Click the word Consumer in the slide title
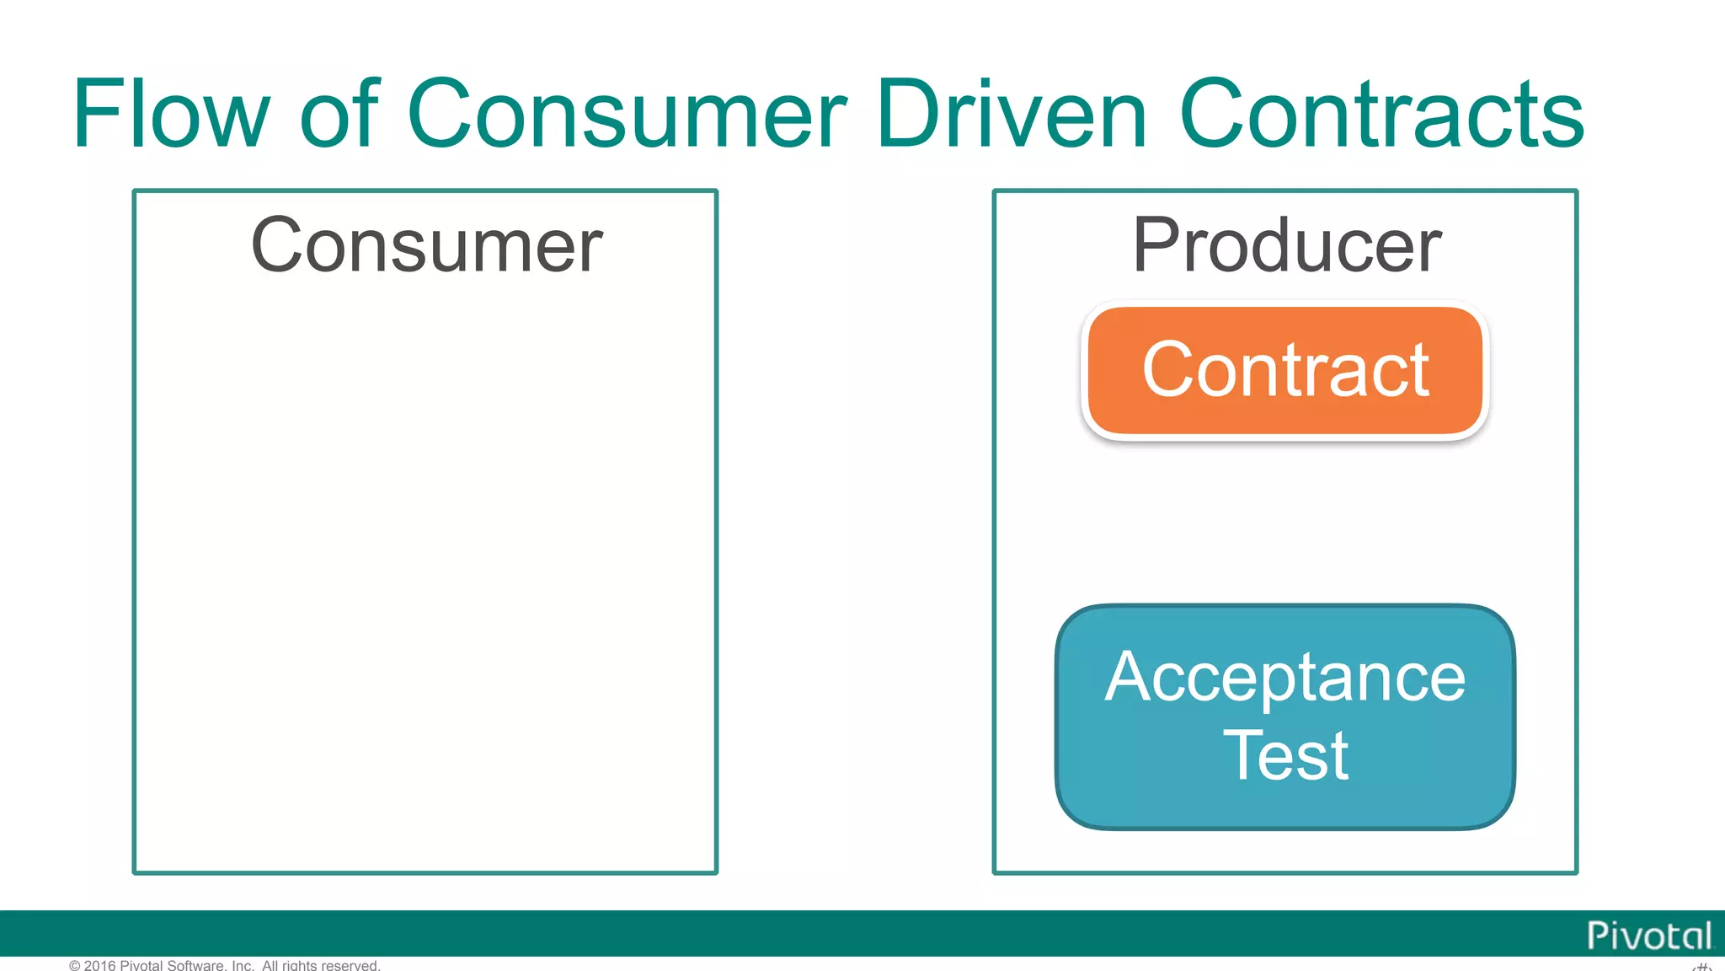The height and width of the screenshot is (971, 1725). [627, 114]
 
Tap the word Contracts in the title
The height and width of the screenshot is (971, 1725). [1381, 114]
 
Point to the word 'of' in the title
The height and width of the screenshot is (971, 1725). [339, 114]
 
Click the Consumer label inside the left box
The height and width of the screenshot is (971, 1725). [426, 245]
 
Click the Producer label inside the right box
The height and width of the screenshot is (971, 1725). [1286, 245]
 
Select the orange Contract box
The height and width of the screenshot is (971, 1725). [1285, 372]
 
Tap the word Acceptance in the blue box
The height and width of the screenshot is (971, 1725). [1285, 678]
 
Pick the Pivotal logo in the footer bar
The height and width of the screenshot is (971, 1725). [1648, 936]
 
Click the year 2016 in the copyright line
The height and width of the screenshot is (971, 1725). [99, 965]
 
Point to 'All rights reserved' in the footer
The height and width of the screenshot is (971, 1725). [321, 965]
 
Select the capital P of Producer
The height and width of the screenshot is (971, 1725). [1157, 245]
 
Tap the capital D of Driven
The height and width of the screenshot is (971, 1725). [912, 114]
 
